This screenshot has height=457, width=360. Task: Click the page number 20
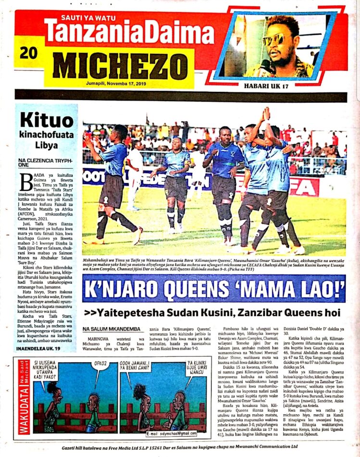coord(29,53)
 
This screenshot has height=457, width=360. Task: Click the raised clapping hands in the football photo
coord(265,115)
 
